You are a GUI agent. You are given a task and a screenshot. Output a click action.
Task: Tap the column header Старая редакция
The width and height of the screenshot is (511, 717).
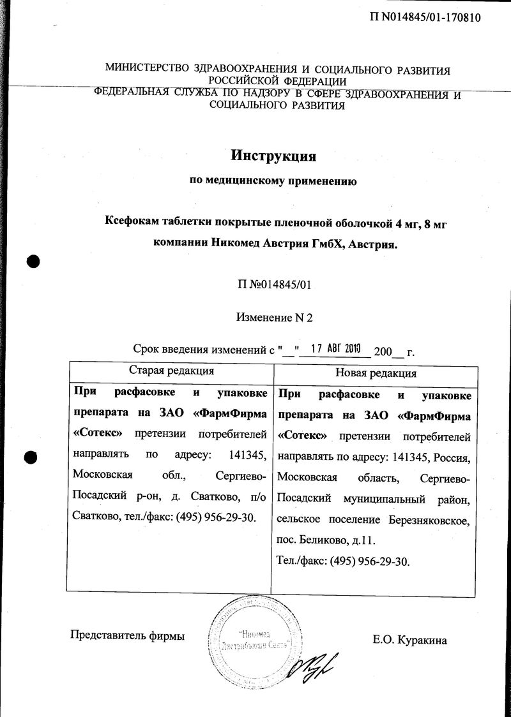[171, 370]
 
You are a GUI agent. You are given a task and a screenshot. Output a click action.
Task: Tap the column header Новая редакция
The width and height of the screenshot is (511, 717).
[376, 373]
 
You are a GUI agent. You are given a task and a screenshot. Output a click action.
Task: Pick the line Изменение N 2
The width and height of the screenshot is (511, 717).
[275, 316]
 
